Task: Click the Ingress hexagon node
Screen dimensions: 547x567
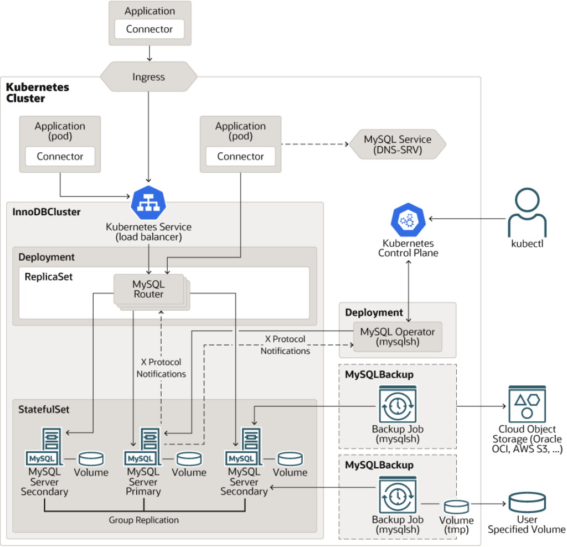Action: (148, 77)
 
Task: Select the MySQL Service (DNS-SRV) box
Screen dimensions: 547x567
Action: (397, 144)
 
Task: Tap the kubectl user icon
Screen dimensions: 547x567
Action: (527, 213)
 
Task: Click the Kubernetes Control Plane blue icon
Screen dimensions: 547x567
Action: (408, 219)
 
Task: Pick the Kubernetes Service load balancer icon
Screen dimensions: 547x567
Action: (148, 203)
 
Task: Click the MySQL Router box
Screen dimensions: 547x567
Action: (148, 290)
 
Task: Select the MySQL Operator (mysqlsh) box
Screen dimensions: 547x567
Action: (398, 337)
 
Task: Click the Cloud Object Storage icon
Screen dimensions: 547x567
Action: (527, 404)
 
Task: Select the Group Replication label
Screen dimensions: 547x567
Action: (143, 520)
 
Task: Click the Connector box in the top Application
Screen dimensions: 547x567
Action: (150, 29)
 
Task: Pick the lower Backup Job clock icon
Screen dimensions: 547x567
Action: (398, 494)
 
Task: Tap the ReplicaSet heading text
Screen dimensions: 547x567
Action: (49, 276)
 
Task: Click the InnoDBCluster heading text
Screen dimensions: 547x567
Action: (47, 211)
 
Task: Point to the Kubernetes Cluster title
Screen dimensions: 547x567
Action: (37, 92)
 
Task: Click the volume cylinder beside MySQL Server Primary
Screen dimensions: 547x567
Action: (189, 458)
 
